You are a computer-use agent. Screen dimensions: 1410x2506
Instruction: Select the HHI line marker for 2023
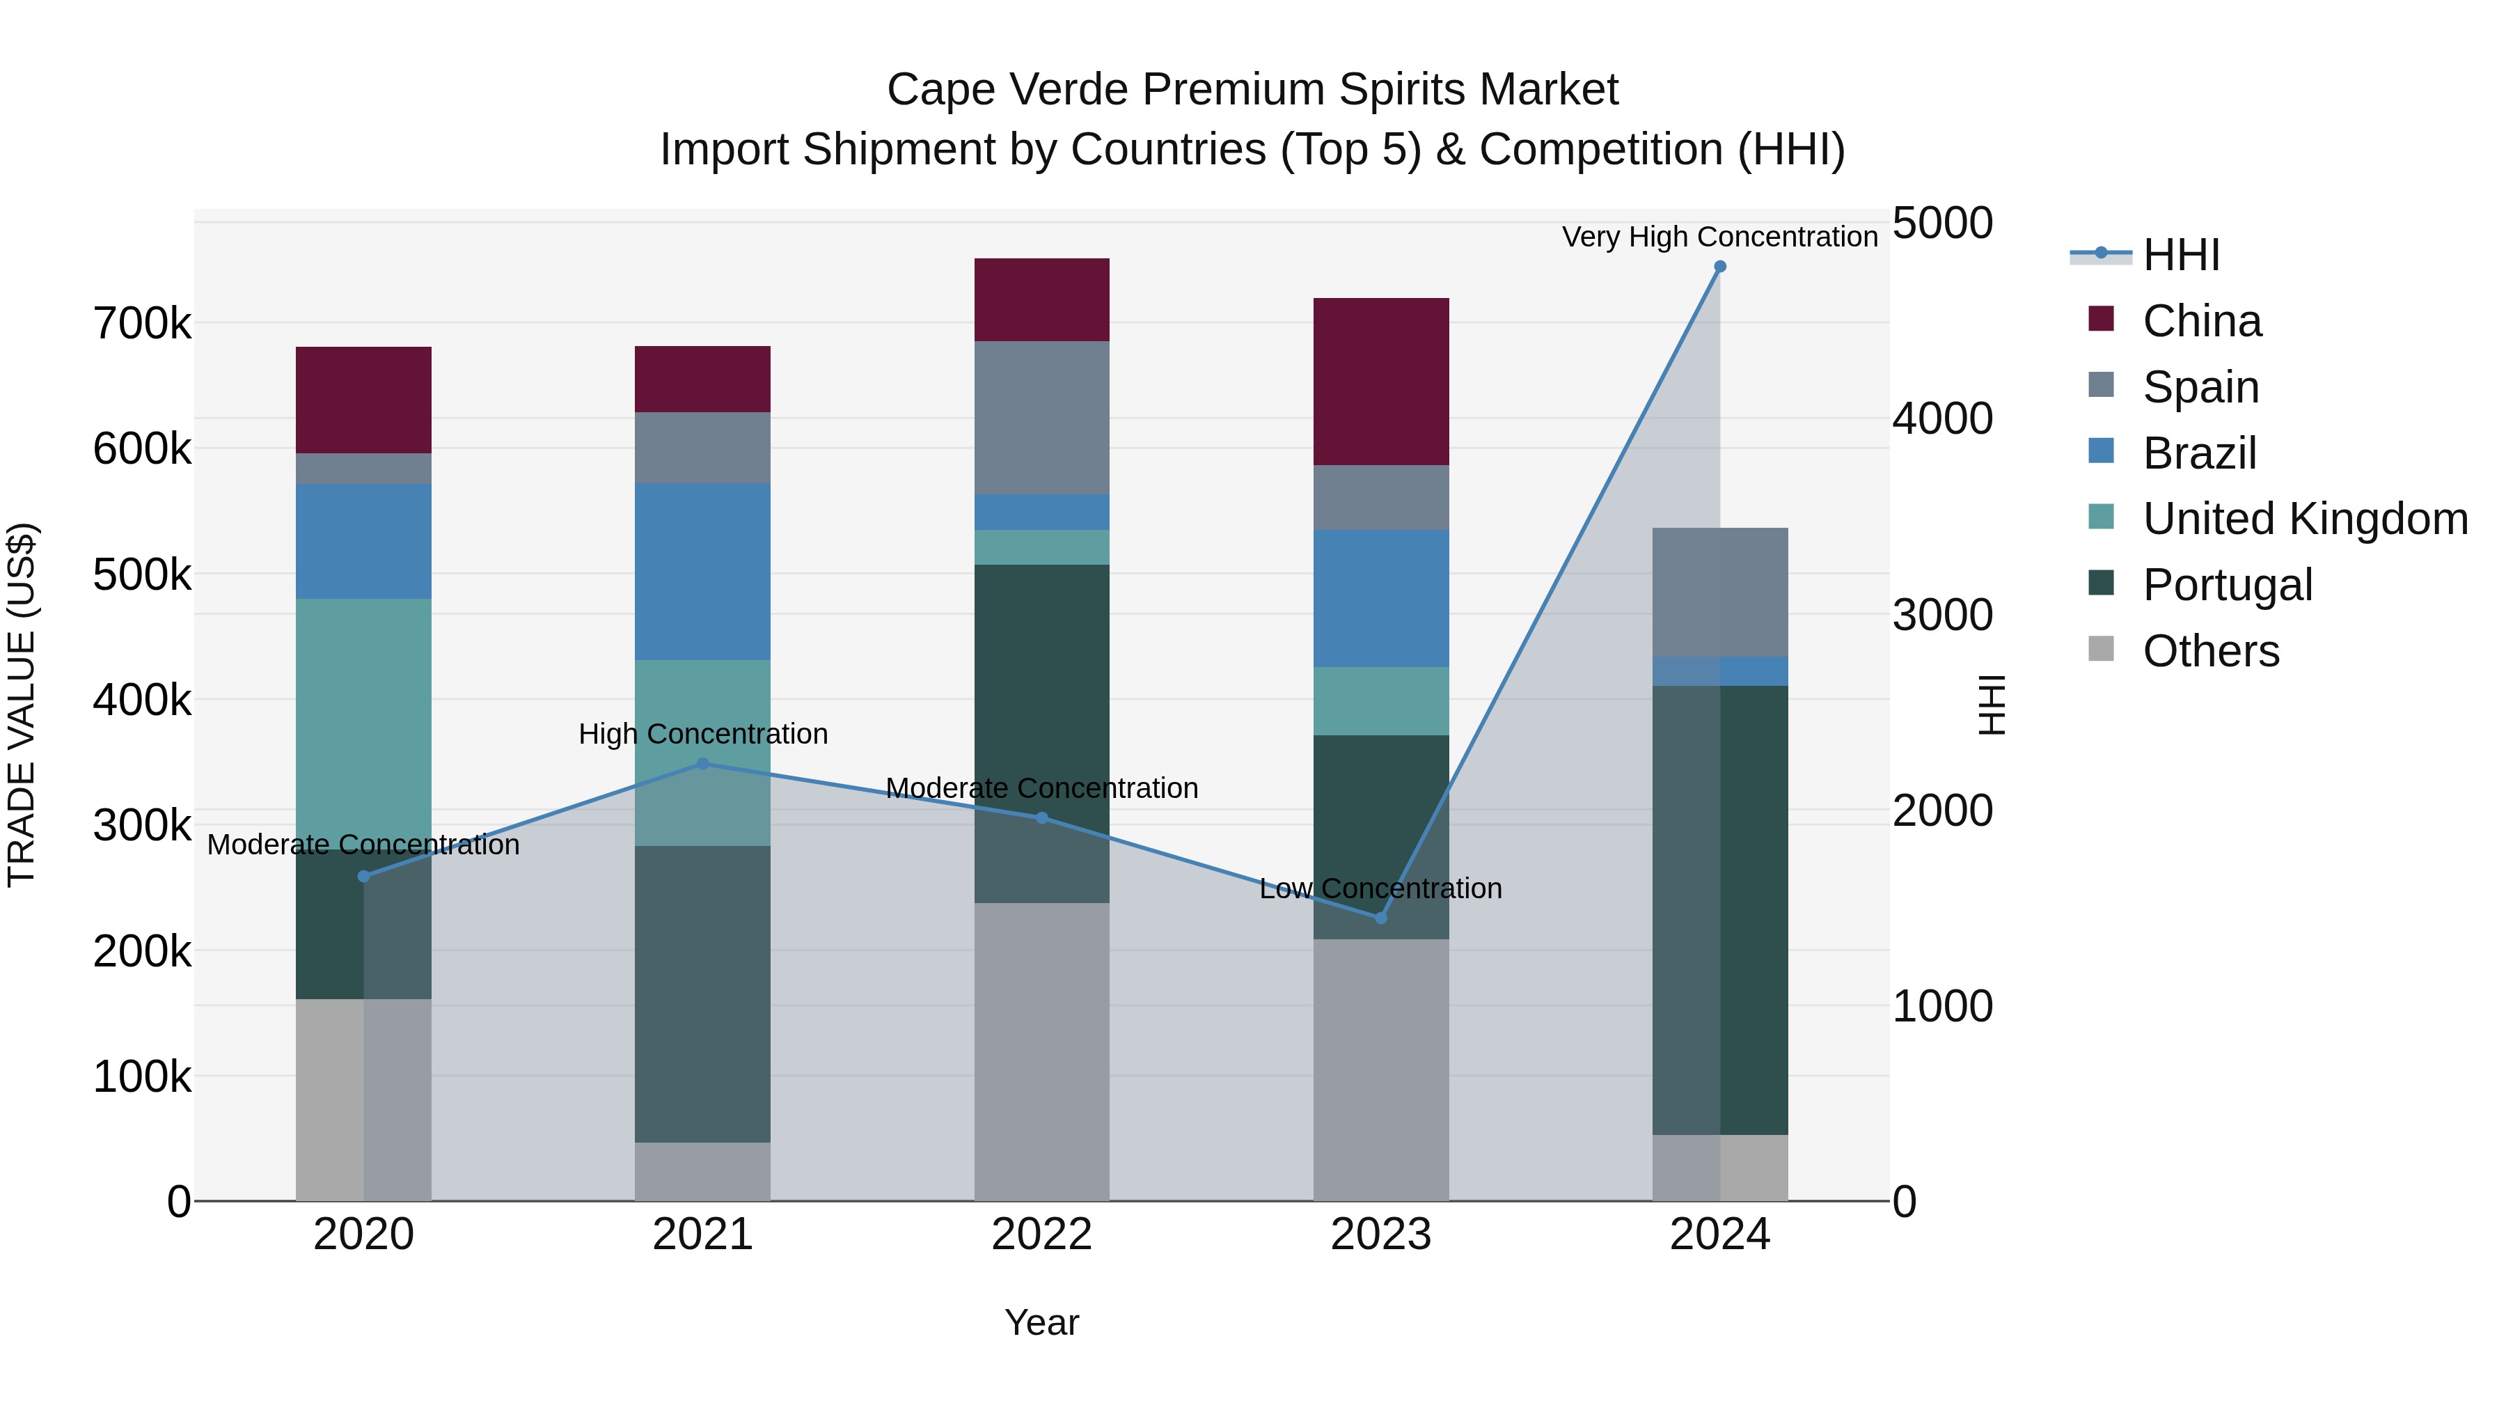click(1380, 918)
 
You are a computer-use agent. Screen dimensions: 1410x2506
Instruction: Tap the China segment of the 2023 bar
click(1380, 382)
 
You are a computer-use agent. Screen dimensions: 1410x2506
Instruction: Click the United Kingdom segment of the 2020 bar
click(363, 724)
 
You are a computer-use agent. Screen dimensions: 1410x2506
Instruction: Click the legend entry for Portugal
click(2227, 585)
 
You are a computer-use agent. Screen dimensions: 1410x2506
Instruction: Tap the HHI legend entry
click(2180, 255)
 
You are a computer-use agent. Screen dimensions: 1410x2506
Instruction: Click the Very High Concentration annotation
click(1719, 237)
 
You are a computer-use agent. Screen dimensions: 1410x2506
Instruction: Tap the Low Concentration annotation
click(1380, 888)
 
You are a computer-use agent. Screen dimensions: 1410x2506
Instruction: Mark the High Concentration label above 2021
click(702, 734)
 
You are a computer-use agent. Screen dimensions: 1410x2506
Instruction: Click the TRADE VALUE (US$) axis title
click(22, 705)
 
